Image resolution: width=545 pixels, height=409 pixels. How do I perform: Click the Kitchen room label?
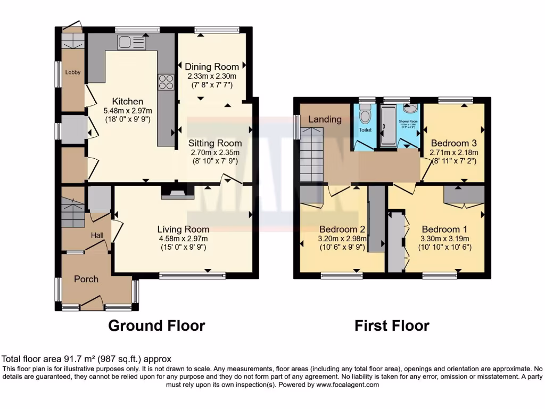(x=127, y=101)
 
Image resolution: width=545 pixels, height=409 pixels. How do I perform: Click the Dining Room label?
(x=212, y=67)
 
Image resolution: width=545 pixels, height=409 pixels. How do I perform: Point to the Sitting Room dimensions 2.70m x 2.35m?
(x=214, y=152)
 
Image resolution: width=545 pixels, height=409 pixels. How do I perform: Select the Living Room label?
(x=183, y=229)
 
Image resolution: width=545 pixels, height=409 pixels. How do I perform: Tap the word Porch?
(x=86, y=279)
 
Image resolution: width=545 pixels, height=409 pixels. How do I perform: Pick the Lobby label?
(x=73, y=72)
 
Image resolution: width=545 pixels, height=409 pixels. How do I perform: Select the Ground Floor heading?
(x=156, y=325)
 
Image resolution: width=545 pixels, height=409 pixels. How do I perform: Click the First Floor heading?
(x=392, y=325)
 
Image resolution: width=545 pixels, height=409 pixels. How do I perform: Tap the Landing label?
(x=325, y=119)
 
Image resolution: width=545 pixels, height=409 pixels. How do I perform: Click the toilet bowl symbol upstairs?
(x=365, y=116)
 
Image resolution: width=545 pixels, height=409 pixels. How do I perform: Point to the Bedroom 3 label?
(x=453, y=143)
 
